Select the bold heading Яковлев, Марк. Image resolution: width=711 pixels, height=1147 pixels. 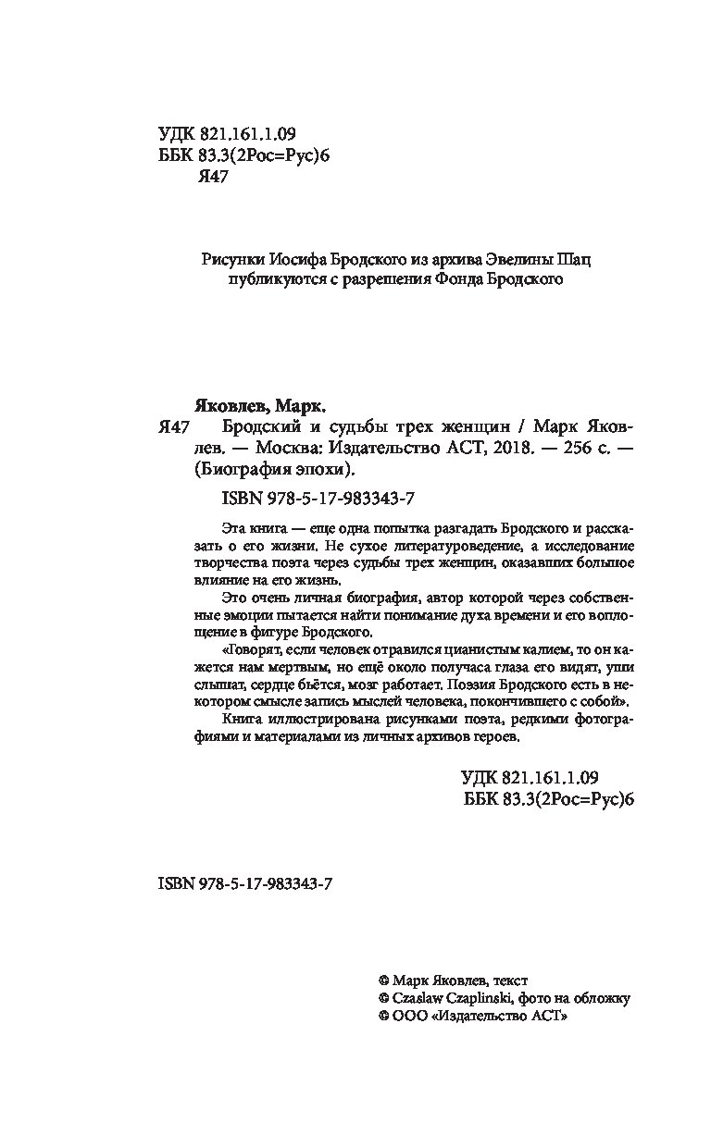click(x=265, y=405)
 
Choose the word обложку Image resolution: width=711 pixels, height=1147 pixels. click(x=601, y=998)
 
